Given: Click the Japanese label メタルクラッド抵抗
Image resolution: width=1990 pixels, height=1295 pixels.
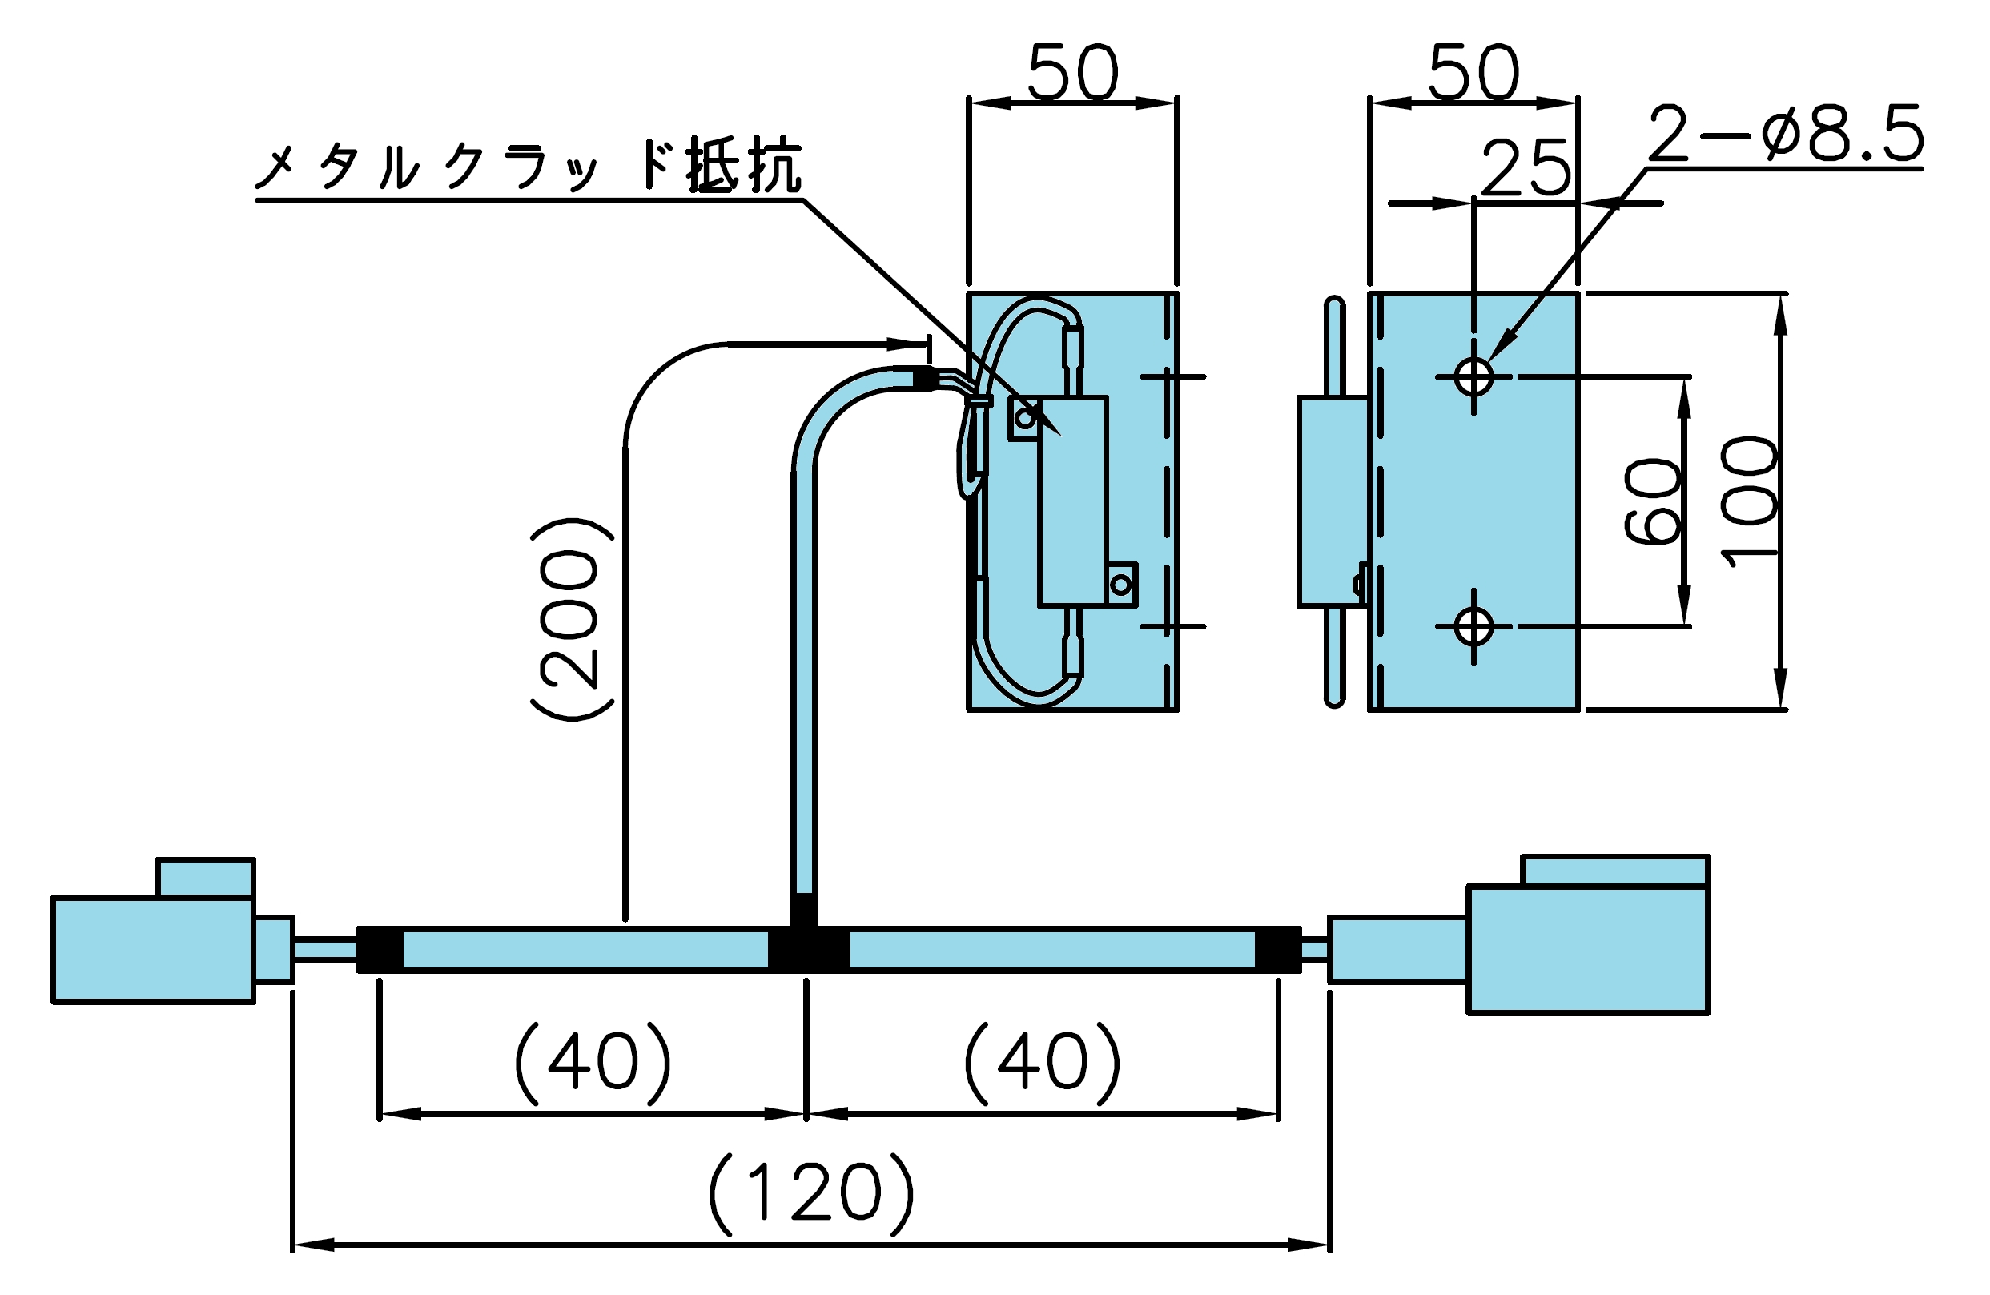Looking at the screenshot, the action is coord(529,165).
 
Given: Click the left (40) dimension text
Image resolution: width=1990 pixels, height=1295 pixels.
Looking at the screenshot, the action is coord(592,1062).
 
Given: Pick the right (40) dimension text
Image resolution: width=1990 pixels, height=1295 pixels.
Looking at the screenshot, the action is coord(1042,1062).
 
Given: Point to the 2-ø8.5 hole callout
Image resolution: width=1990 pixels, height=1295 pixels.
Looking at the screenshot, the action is coord(1786,134).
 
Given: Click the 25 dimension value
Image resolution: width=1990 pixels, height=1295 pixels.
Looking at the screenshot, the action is coord(1526,168).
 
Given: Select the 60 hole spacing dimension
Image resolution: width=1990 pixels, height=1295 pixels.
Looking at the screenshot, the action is coord(1652,501).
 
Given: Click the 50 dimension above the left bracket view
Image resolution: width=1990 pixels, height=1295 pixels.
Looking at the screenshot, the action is coord(1073,73).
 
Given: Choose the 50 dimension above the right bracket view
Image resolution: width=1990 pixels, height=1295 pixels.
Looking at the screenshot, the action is coord(1473,73).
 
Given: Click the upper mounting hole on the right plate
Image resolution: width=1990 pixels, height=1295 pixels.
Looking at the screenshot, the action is coord(1473,377).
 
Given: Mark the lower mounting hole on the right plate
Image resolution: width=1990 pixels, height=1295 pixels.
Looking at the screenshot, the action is coord(1473,626).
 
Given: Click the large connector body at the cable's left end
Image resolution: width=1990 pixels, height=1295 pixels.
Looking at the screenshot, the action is coord(153,950).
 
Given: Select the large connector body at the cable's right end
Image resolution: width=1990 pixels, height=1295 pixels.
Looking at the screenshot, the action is coord(1588,950).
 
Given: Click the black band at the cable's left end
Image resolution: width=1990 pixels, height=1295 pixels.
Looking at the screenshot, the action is coord(380,950).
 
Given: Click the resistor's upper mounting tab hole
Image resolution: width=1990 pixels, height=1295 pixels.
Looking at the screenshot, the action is coord(1025,416).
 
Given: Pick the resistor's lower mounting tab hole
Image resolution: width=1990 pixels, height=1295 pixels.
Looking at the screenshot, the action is coord(1121,585).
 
